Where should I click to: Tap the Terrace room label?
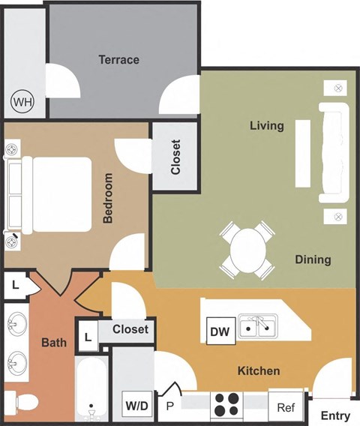(118, 59)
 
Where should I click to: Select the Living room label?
(266, 125)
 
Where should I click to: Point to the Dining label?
(313, 259)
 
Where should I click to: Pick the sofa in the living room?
(334, 153)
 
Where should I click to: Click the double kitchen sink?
(257, 326)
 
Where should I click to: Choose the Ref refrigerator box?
(285, 407)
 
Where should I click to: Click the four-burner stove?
(226, 405)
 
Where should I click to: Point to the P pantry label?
(169, 406)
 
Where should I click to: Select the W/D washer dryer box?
(136, 406)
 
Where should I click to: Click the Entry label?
(335, 415)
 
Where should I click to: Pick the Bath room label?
(54, 343)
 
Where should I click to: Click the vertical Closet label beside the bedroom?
(175, 157)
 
